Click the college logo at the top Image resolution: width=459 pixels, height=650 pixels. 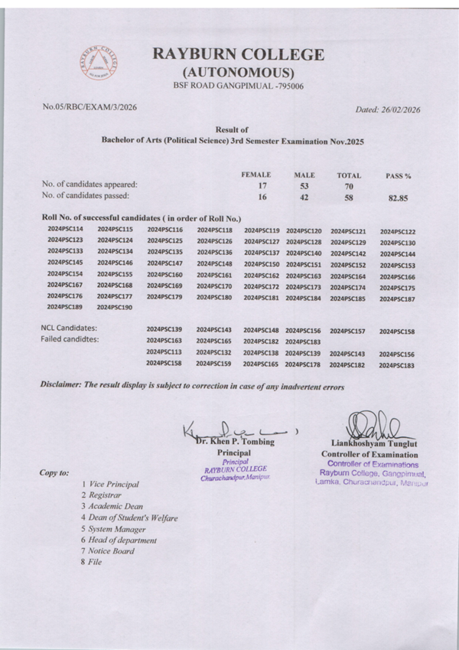(x=99, y=62)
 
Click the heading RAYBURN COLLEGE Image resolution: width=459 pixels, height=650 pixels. (x=238, y=55)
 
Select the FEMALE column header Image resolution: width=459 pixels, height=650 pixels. (x=256, y=175)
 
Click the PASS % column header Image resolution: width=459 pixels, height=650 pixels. (x=399, y=176)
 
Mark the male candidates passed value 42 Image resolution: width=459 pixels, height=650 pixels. (x=304, y=197)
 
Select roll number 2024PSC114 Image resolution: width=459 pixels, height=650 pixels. (x=65, y=229)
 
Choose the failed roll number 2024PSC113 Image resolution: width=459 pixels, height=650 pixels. (x=164, y=351)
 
